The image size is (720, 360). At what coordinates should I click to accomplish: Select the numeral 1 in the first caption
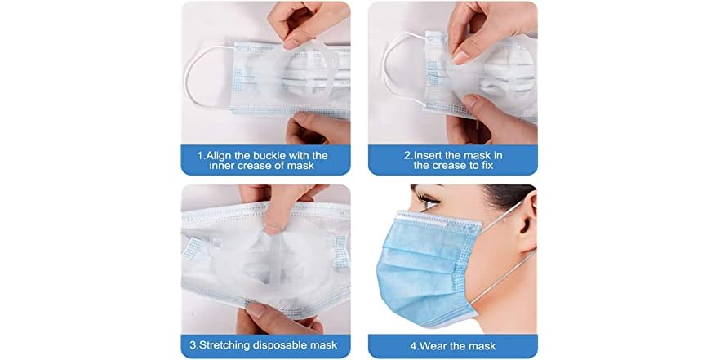[200, 155]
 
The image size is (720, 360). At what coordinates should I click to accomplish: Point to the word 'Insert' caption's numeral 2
[407, 154]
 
